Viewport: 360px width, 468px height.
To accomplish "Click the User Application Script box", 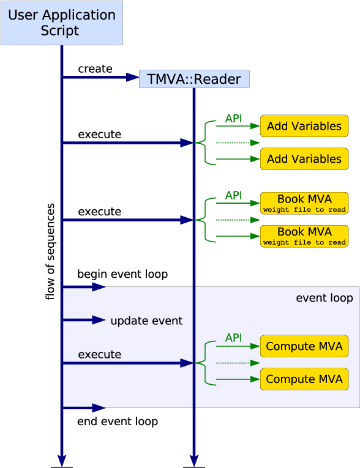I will tap(61, 23).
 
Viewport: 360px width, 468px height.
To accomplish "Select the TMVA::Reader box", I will tap(194, 79).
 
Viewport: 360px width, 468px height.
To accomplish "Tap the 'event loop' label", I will tap(324, 298).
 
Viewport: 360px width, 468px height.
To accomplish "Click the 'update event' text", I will tap(146, 321).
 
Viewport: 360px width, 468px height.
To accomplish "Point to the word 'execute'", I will tap(99, 354).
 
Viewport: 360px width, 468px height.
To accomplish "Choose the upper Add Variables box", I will tap(304, 126).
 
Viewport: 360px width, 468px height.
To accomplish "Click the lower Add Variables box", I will tap(304, 159).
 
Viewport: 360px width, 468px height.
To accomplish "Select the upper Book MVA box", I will tap(304, 203).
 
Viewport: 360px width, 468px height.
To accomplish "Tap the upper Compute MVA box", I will tap(304, 346).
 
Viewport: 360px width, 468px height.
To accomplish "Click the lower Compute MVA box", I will tap(304, 379).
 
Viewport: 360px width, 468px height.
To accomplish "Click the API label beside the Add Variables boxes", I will tap(233, 118).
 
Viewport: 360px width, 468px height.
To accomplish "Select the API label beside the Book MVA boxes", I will tap(233, 195).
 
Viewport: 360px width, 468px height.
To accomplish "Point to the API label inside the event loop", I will tap(233, 338).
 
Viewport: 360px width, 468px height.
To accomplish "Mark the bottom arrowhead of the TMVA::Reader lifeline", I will tap(194, 459).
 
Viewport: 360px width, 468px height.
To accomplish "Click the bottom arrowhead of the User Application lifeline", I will tap(61, 459).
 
